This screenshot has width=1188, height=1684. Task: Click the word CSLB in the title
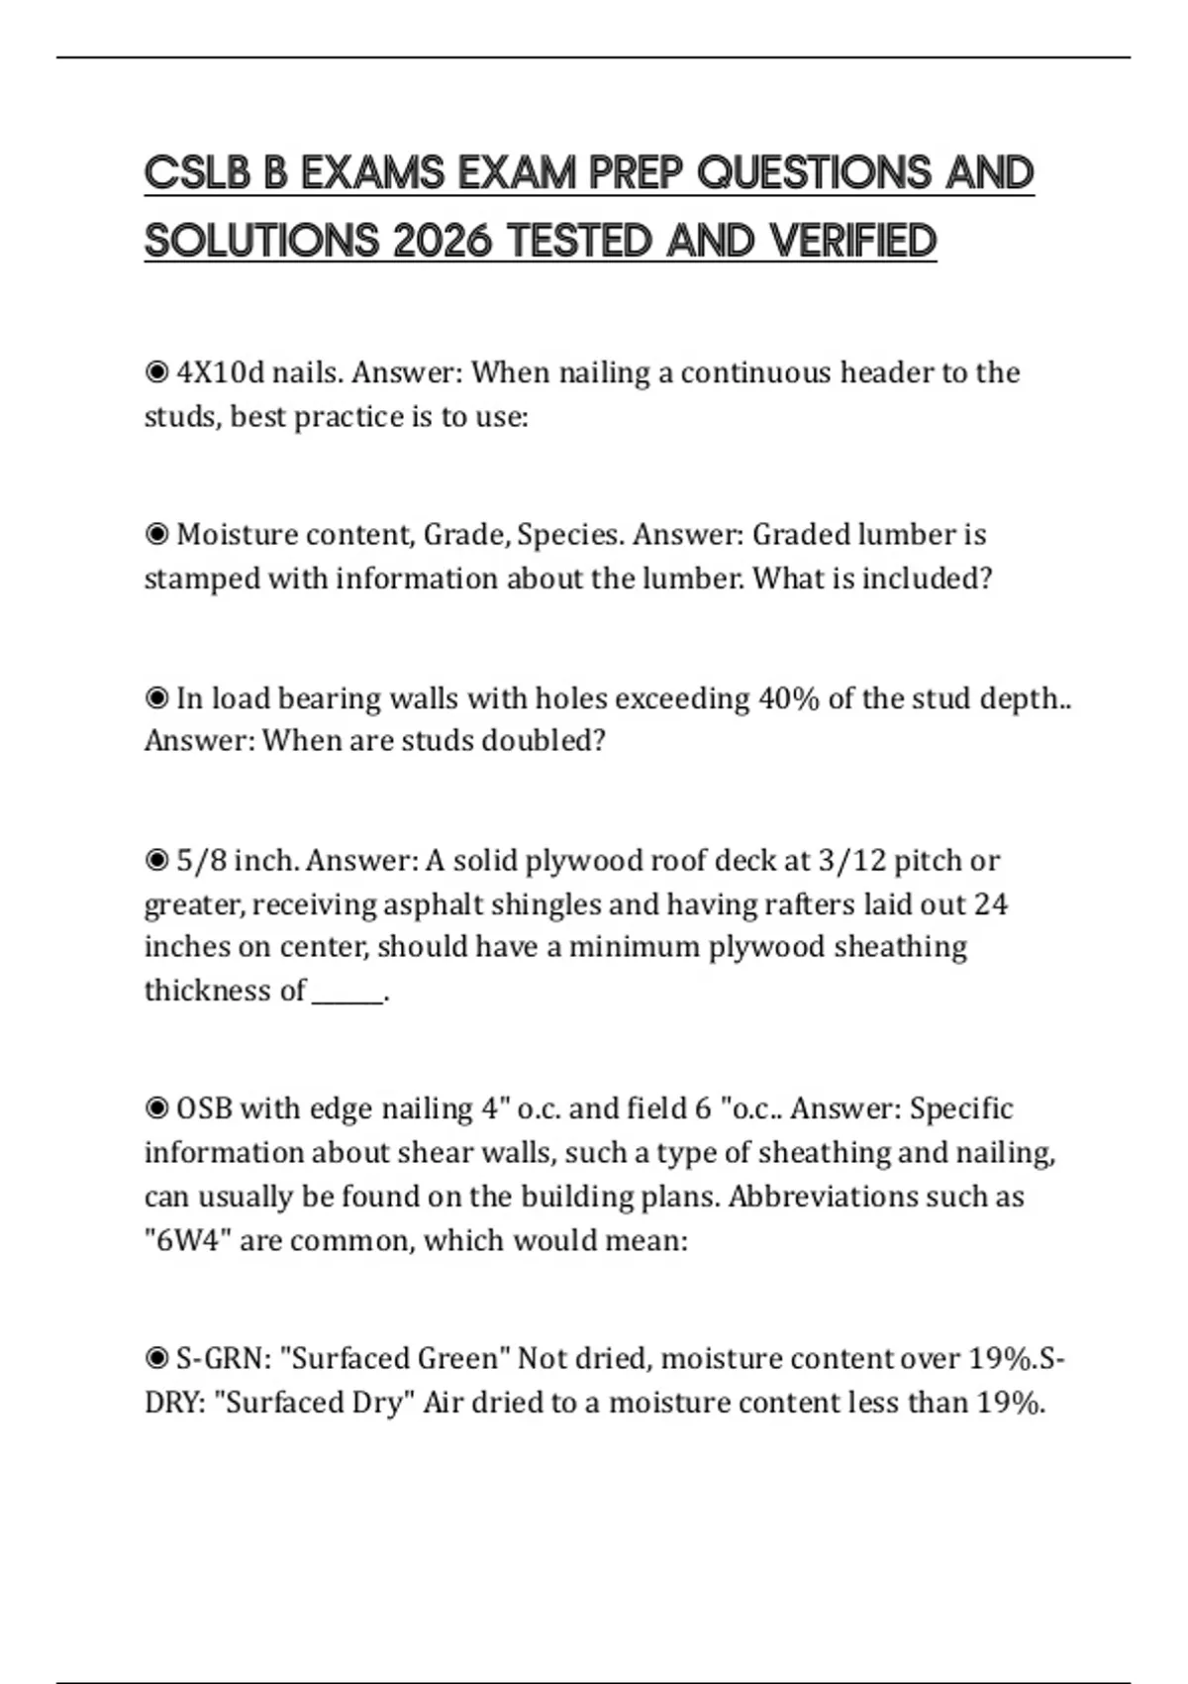pyautogui.click(x=198, y=174)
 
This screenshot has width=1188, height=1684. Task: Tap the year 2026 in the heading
pyautogui.click(x=443, y=242)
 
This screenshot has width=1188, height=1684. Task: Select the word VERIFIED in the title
pyautogui.click(x=852, y=242)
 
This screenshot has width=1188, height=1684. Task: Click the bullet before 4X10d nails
pyautogui.click(x=156, y=373)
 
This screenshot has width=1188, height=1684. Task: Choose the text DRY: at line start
pyautogui.click(x=174, y=1404)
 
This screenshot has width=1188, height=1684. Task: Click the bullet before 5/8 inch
pyautogui.click(x=156, y=862)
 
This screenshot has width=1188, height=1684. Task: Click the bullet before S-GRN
pyautogui.click(x=156, y=1359)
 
